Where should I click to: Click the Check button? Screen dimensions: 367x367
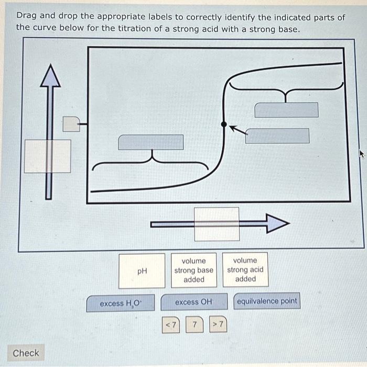[x=26, y=353]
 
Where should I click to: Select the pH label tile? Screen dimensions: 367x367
[x=142, y=271]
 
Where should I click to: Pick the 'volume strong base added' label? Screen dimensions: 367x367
[x=193, y=270]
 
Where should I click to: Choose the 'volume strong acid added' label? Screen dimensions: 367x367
[x=245, y=269]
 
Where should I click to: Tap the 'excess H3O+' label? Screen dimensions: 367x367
[x=120, y=303]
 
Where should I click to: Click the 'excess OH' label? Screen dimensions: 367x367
[x=194, y=302]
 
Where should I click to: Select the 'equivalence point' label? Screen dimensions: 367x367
[x=267, y=301]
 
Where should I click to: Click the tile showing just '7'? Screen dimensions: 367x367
[x=195, y=325]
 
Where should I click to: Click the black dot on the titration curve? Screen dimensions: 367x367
[x=224, y=124]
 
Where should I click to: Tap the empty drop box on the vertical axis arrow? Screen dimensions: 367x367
[x=48, y=156]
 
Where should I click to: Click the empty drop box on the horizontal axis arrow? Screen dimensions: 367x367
[x=217, y=224]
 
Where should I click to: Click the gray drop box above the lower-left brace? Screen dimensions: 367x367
[x=151, y=142]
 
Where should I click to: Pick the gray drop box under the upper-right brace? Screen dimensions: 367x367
[x=286, y=110]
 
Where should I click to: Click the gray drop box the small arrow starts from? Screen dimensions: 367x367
[x=277, y=135]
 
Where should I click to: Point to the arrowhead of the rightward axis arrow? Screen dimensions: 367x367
[x=277, y=224]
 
